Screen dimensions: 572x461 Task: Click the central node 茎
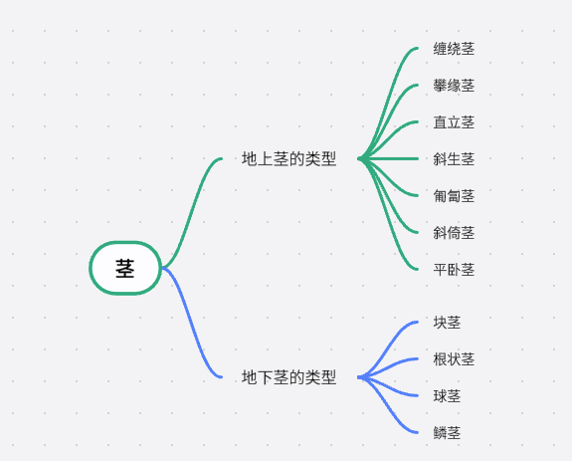(x=125, y=268)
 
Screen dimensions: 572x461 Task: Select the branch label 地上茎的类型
(x=288, y=158)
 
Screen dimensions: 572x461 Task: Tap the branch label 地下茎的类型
(x=288, y=377)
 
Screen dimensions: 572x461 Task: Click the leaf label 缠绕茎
(x=454, y=49)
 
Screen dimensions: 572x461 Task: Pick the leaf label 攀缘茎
(x=454, y=86)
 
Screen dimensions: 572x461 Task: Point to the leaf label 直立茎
(x=454, y=122)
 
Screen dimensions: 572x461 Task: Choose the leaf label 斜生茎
(x=454, y=159)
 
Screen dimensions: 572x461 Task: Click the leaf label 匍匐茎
(x=454, y=196)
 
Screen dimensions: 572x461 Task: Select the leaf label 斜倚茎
(x=454, y=233)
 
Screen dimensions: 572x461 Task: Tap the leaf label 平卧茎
(x=454, y=270)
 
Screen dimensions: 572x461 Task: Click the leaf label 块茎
(x=447, y=323)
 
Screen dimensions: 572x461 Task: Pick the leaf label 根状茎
(x=454, y=359)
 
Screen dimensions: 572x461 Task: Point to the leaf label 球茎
(x=447, y=396)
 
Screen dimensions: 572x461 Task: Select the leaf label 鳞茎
(x=447, y=433)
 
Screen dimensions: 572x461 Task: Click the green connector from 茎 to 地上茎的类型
(x=192, y=213)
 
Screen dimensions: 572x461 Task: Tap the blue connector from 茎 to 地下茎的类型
(x=192, y=323)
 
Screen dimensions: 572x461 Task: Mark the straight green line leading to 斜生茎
(x=388, y=158)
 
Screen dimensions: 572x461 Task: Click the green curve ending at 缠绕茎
(x=388, y=104)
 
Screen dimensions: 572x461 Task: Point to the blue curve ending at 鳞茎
(x=388, y=405)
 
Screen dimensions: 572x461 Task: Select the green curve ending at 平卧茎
(x=388, y=214)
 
